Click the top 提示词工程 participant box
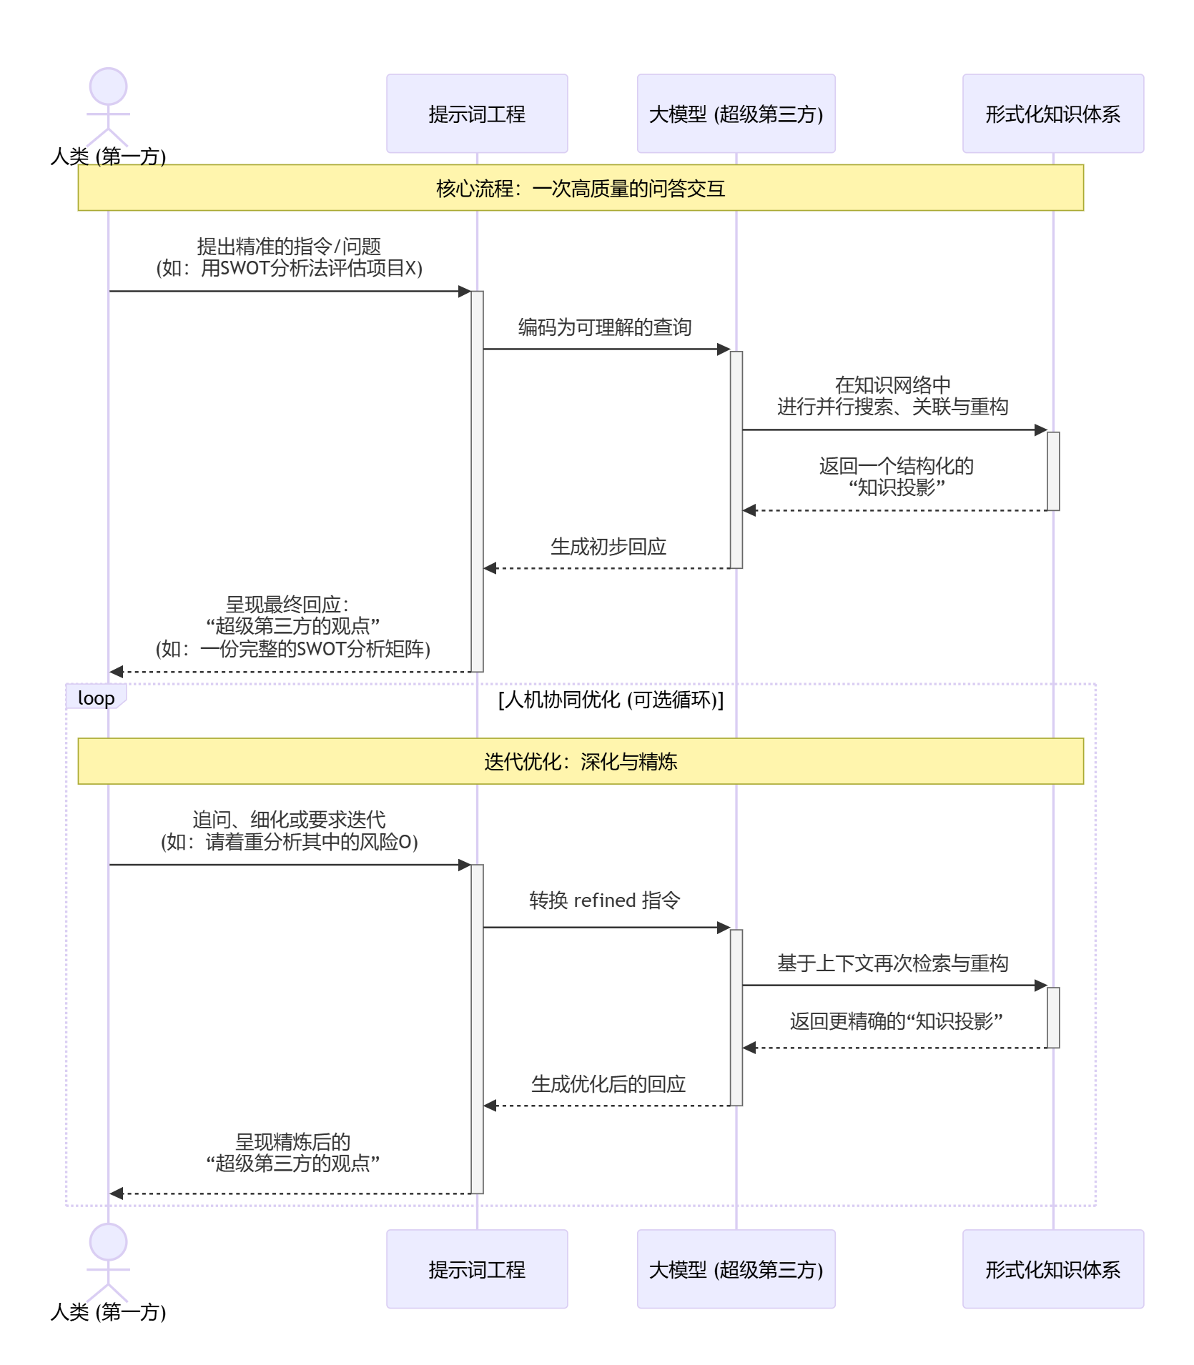coord(477,114)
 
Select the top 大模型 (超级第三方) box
coord(736,114)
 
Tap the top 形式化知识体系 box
coord(1052,114)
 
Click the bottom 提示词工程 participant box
coord(477,1269)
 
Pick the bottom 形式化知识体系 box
coord(1052,1269)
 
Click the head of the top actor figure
coord(108,87)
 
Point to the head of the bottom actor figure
coord(108,1242)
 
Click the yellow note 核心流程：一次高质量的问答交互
coord(581,188)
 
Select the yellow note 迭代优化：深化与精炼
coord(581,761)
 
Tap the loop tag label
coord(96,698)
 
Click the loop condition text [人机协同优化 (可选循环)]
coord(611,699)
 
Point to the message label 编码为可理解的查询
coord(605,327)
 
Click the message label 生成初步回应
coord(608,547)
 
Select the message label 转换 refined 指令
coord(605,900)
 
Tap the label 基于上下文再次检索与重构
coord(892,963)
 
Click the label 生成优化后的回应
coord(608,1084)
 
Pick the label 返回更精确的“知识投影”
coord(895,1021)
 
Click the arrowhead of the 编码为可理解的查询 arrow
coord(724,349)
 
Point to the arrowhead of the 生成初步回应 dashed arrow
coord(490,568)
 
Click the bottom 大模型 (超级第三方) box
coord(736,1269)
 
